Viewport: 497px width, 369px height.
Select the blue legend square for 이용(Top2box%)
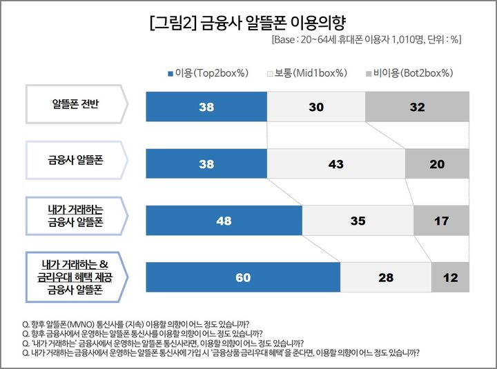coord(170,73)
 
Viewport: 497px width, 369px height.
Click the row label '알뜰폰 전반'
coord(76,106)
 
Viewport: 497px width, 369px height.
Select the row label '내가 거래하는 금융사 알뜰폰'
coord(76,216)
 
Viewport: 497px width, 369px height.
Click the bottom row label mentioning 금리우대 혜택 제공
coord(76,277)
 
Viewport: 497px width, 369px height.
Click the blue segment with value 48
coord(224,221)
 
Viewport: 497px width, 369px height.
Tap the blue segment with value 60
coord(243,278)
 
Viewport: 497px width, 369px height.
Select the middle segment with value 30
coord(315,108)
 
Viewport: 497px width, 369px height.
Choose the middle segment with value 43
coord(336,164)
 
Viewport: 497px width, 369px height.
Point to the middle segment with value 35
coord(358,221)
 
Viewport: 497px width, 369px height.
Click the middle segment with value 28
coord(386,278)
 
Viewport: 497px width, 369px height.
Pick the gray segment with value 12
coord(449,278)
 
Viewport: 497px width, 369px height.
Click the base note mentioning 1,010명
coord(366,40)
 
